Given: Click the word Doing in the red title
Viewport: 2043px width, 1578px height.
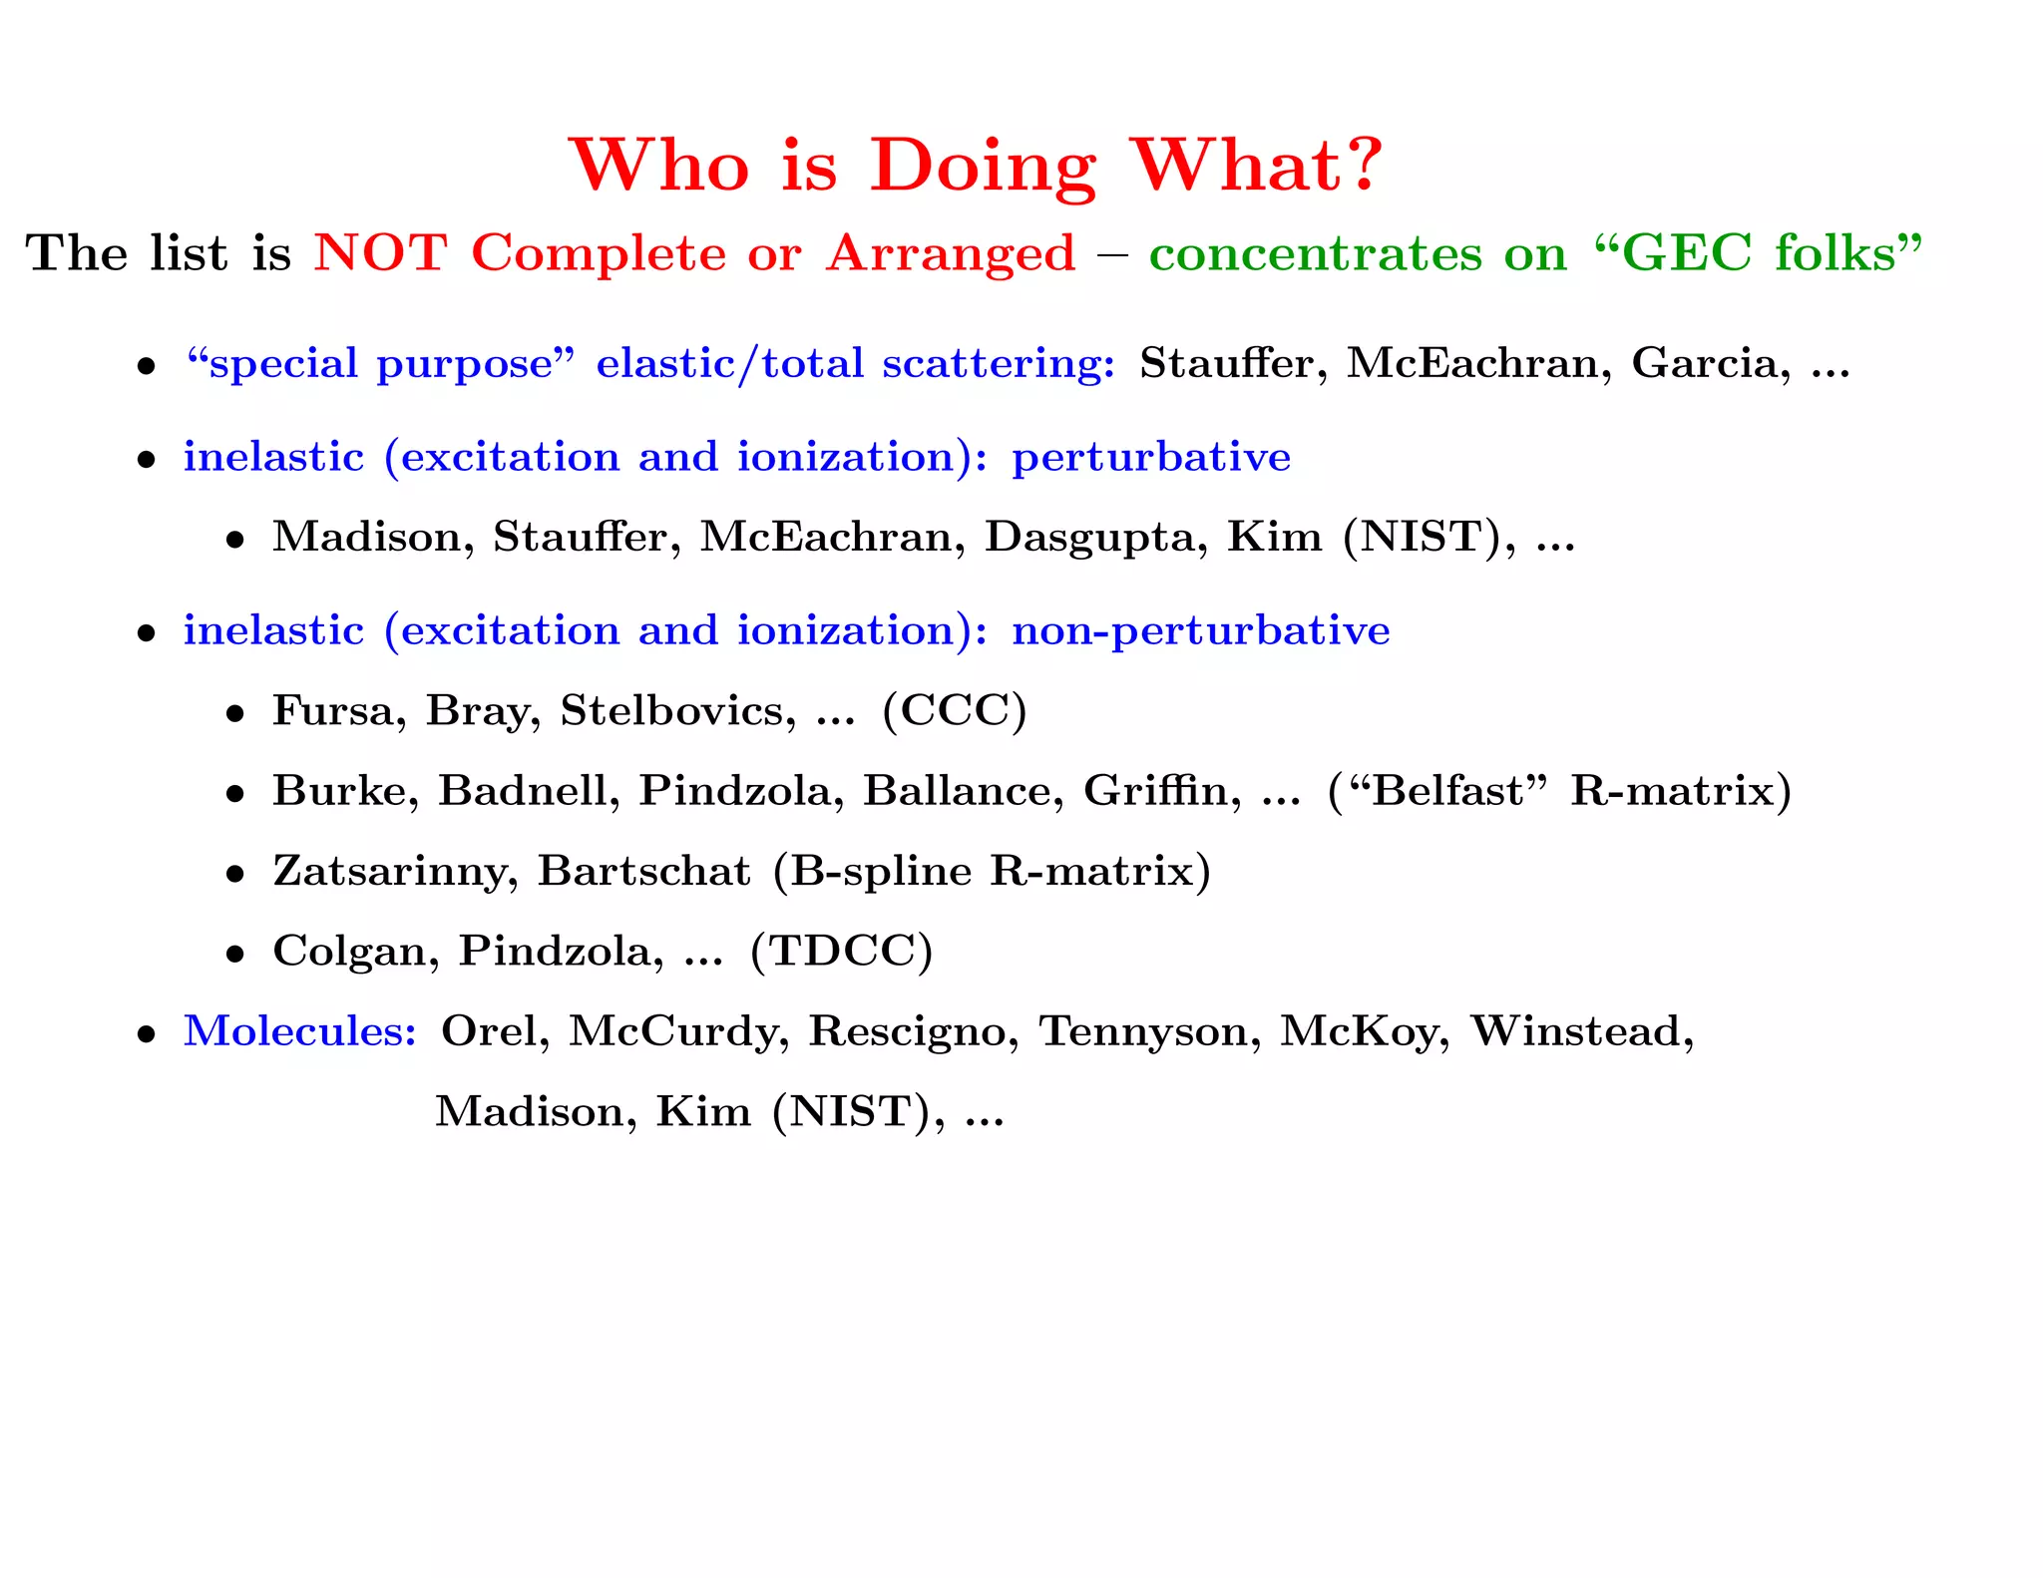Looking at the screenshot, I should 983,166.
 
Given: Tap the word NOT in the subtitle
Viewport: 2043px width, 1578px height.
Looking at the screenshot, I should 380,252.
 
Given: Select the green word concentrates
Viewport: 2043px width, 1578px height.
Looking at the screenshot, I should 1315,253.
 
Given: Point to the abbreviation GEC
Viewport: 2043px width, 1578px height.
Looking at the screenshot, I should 1687,252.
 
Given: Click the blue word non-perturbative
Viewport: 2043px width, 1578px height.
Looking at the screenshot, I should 1200,630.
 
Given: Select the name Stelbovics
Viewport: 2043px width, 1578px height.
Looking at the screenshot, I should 677,711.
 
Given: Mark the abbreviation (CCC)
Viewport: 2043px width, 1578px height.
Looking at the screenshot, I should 955,711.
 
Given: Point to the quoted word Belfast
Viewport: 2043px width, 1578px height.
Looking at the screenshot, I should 1448,791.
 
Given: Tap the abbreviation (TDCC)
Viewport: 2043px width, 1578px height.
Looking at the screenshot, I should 842,951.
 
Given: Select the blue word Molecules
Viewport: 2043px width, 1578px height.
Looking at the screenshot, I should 299,1031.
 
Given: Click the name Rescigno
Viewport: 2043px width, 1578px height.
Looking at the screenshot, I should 913,1031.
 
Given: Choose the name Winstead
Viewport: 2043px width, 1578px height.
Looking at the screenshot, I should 1582,1031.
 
